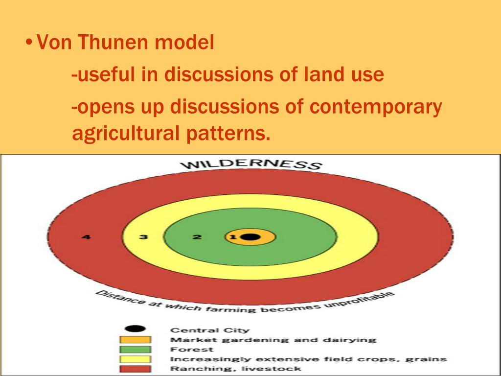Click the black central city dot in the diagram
(250, 237)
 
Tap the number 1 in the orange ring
(233, 237)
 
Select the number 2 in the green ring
(197, 237)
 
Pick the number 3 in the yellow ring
(143, 237)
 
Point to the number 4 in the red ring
(86, 237)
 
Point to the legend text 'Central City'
(209, 330)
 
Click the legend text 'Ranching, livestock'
(235, 369)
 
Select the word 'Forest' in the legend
(191, 350)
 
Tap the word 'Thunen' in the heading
(114, 43)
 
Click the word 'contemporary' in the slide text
(375, 107)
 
